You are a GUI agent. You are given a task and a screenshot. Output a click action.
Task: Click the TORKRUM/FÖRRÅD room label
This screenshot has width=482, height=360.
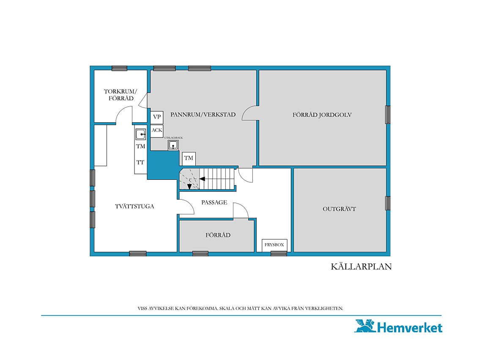120,95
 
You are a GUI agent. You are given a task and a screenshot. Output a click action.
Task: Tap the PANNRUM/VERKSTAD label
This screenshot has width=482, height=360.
203,115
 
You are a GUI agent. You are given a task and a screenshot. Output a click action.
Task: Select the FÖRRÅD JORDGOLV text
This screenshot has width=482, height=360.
322,115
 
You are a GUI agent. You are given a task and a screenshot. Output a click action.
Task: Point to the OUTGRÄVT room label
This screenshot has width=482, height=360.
339,209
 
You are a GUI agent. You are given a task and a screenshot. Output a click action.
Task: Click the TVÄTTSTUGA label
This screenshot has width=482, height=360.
134,206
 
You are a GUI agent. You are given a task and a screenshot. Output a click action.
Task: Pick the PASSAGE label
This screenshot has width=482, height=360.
214,202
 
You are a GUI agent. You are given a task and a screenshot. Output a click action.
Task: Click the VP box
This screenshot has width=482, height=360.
157,117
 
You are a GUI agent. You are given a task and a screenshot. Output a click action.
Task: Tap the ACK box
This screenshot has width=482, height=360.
157,131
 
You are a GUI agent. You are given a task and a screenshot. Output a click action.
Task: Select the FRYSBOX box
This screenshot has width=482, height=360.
274,245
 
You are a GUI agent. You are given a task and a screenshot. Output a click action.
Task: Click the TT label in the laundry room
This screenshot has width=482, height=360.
140,162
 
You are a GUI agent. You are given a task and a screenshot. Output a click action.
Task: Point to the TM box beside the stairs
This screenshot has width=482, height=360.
189,159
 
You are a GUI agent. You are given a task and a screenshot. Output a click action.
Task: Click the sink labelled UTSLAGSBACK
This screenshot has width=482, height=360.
173,145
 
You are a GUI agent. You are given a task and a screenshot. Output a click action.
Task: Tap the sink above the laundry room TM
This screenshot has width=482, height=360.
141,134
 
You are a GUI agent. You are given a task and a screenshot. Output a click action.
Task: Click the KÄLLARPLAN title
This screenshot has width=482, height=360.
361,267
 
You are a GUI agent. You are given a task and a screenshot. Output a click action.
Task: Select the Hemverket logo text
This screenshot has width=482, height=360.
410,327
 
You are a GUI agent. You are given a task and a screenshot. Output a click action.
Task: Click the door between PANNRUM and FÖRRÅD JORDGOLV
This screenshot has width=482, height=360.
250,113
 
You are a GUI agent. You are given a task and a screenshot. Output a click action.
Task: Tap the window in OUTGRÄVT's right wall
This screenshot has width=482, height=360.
388,203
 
